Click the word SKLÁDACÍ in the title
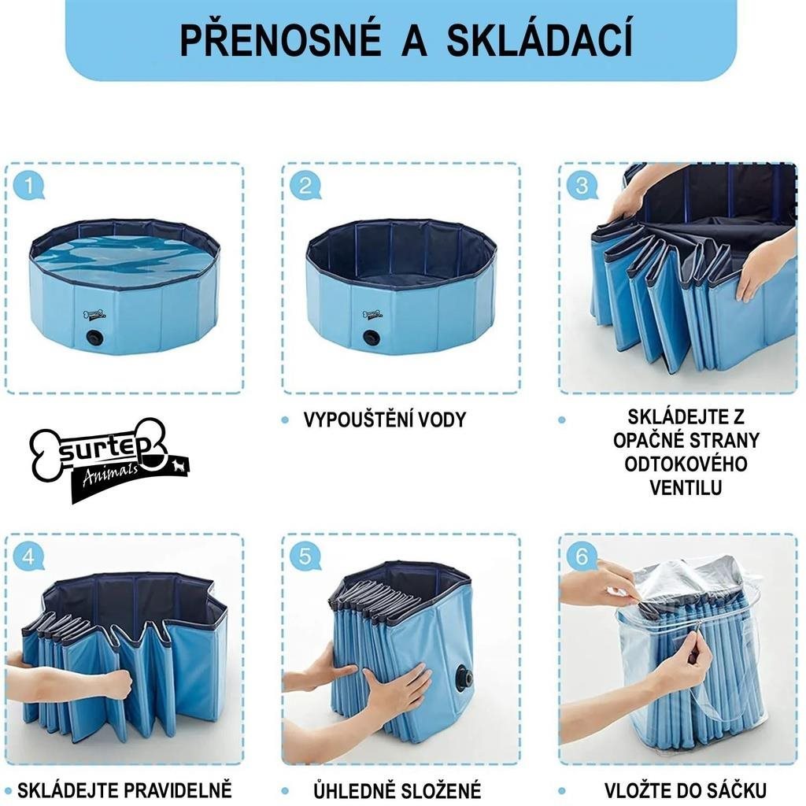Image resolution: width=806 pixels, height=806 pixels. tap(540, 42)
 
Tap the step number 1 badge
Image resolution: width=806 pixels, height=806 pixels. tap(29, 186)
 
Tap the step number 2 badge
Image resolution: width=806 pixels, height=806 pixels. tap(305, 186)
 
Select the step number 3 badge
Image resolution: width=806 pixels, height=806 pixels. tap(582, 186)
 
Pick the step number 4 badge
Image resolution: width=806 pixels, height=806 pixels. tap(29, 556)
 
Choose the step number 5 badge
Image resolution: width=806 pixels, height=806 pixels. tap(305, 556)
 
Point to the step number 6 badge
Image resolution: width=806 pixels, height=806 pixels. tap(582, 556)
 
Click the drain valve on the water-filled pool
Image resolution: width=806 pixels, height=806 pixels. tap(95, 338)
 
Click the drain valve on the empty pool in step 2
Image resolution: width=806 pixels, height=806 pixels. tap(372, 338)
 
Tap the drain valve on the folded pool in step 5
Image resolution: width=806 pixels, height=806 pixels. tap(464, 678)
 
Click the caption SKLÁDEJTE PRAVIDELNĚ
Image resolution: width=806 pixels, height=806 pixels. tap(124, 789)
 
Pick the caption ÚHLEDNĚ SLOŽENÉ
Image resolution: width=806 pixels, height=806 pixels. tap(397, 790)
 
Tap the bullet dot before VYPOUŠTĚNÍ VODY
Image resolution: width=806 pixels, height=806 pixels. tap(285, 420)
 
